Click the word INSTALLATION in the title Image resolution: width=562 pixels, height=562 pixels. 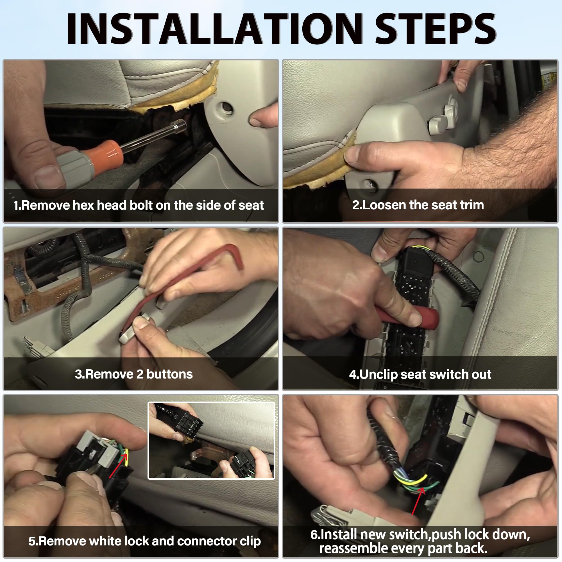click(215, 28)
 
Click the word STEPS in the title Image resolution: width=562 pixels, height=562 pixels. click(436, 28)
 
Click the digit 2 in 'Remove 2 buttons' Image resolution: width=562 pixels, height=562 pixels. click(140, 374)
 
